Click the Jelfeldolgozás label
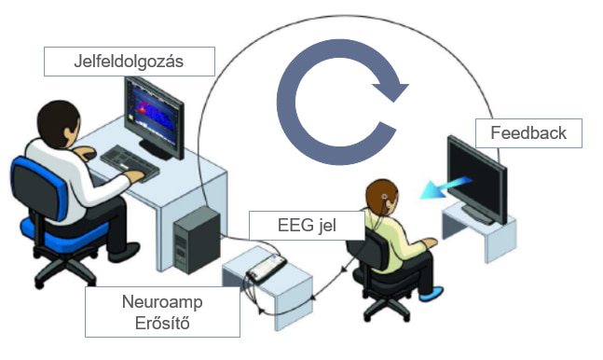130,62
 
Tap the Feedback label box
528,133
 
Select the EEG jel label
307,226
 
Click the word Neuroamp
162,302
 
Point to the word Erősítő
162,323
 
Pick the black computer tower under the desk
197,240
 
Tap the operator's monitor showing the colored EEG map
154,118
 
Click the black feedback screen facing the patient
477,178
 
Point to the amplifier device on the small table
267,268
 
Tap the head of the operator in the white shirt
59,123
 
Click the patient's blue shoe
432,294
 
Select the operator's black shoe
124,252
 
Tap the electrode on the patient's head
384,197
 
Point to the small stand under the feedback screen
479,231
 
